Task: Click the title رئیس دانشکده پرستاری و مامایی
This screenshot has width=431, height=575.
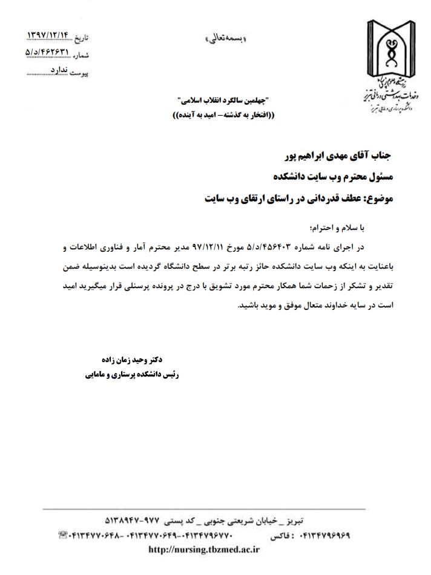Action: tap(133, 375)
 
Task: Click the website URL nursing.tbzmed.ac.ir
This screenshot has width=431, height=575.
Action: tap(212, 550)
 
